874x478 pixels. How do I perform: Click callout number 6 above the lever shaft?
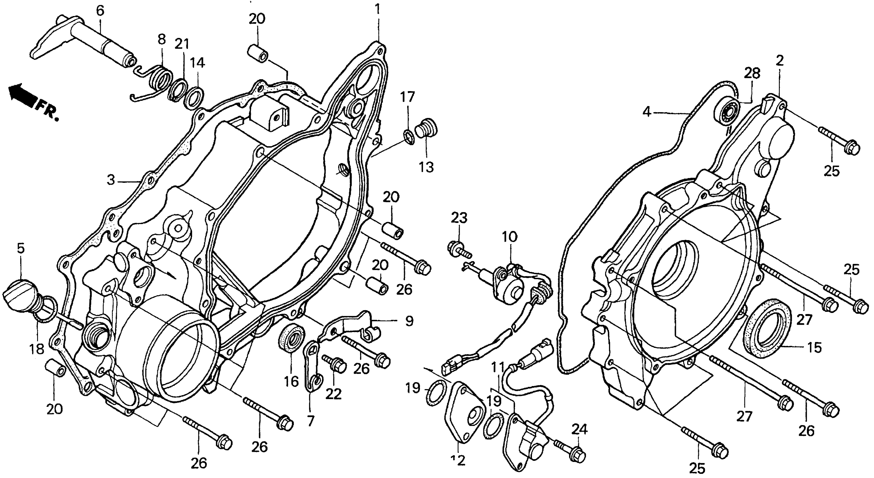click(100, 11)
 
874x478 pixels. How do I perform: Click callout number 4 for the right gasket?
click(647, 112)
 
